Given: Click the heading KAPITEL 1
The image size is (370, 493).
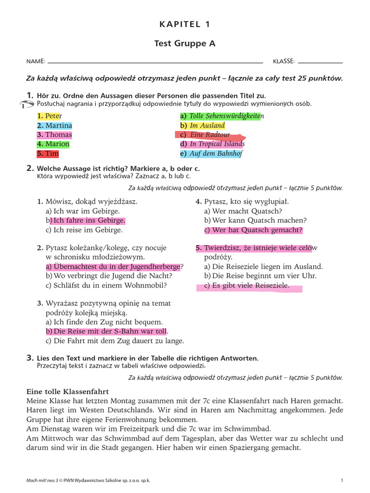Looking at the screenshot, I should click(x=185, y=25).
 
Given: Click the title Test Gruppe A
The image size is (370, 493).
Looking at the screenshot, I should click(x=185, y=44).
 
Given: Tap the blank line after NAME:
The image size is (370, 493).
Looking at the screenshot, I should click(x=155, y=63).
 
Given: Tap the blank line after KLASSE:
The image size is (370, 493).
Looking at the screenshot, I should click(x=320, y=63).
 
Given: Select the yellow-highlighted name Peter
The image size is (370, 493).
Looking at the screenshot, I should click(x=50, y=117).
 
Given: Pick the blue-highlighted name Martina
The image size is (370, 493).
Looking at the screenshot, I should click(x=54, y=126).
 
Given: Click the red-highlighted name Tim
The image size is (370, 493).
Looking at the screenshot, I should click(x=48, y=154).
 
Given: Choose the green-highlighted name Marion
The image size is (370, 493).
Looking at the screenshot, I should click(x=53, y=144).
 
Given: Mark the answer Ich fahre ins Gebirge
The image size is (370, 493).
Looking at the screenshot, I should click(x=88, y=221).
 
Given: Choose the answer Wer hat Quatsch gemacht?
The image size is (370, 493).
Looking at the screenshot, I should click(x=253, y=230).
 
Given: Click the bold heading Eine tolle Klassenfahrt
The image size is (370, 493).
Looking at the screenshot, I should click(x=67, y=391).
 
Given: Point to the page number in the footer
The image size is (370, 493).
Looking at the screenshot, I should click(x=342, y=480).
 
